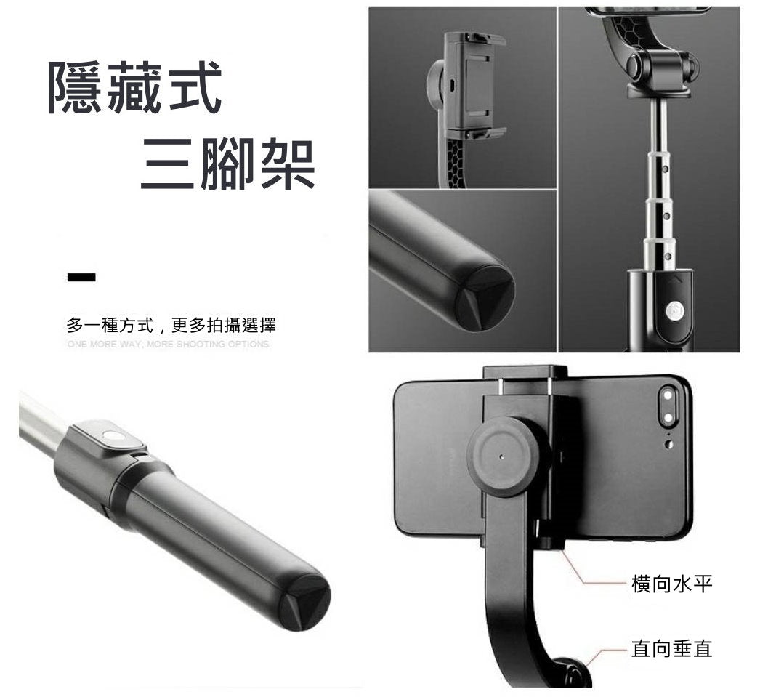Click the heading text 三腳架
point(227,165)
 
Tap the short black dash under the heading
point(81,277)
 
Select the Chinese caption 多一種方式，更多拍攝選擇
point(171,324)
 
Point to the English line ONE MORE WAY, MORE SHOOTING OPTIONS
point(168,344)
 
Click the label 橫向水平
point(671,584)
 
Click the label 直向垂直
point(671,648)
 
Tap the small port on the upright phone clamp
point(452,85)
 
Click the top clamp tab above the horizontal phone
point(525,373)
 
